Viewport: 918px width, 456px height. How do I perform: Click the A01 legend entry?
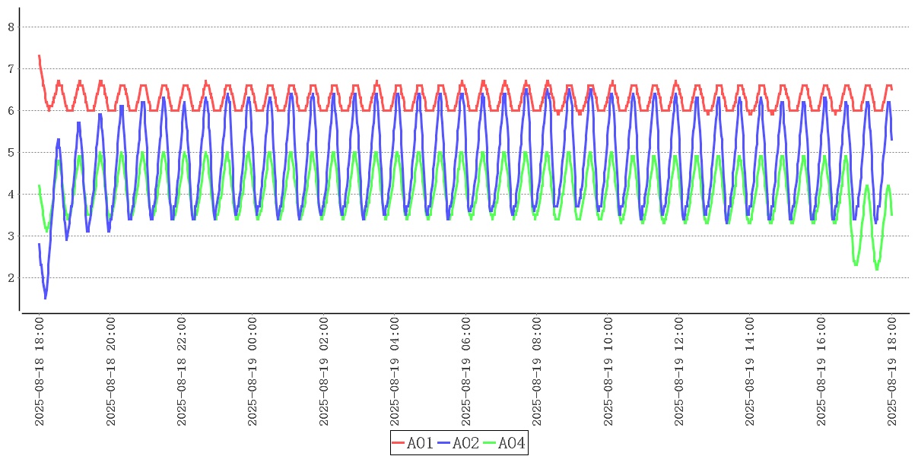[x=413, y=443]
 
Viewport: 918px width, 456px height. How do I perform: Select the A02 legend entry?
[x=459, y=443]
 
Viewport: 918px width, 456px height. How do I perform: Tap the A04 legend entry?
[x=504, y=443]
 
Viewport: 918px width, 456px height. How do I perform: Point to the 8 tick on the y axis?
[x=11, y=27]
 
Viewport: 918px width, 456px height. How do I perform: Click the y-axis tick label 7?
[x=11, y=69]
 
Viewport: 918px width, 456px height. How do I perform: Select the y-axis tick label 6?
[x=11, y=111]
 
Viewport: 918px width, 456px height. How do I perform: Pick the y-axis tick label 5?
[x=11, y=153]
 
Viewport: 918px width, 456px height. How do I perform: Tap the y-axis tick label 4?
[x=11, y=195]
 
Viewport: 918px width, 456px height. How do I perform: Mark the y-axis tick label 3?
[x=11, y=236]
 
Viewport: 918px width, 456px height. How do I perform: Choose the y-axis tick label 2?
[x=11, y=278]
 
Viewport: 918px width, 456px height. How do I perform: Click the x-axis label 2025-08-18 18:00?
[x=40, y=372]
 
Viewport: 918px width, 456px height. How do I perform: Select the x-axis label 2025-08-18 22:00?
[x=182, y=372]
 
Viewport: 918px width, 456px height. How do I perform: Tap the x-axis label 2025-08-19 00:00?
[x=253, y=372]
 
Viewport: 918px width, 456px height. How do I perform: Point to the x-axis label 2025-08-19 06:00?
[x=465, y=372]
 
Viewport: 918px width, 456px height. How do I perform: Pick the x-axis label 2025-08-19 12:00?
[x=678, y=372]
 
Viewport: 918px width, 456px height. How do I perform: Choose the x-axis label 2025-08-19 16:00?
[x=821, y=372]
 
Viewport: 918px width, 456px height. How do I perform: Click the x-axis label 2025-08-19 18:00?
[x=891, y=372]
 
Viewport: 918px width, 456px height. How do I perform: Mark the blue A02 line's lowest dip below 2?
[x=45, y=298]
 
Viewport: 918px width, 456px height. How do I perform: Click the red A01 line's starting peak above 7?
[x=40, y=56]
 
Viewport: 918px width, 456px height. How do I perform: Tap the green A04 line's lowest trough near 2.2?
[x=877, y=269]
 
